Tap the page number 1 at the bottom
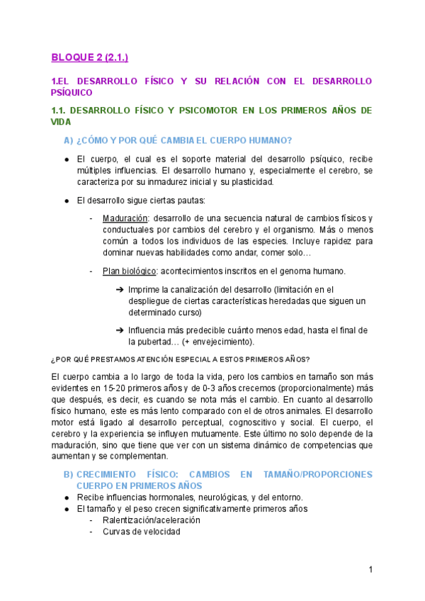click(x=370, y=570)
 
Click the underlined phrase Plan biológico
click(x=128, y=271)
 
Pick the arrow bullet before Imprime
click(x=120, y=289)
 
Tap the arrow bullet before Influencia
click(x=120, y=330)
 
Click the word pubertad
click(x=155, y=342)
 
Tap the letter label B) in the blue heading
click(x=69, y=474)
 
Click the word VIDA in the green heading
click(x=62, y=122)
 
